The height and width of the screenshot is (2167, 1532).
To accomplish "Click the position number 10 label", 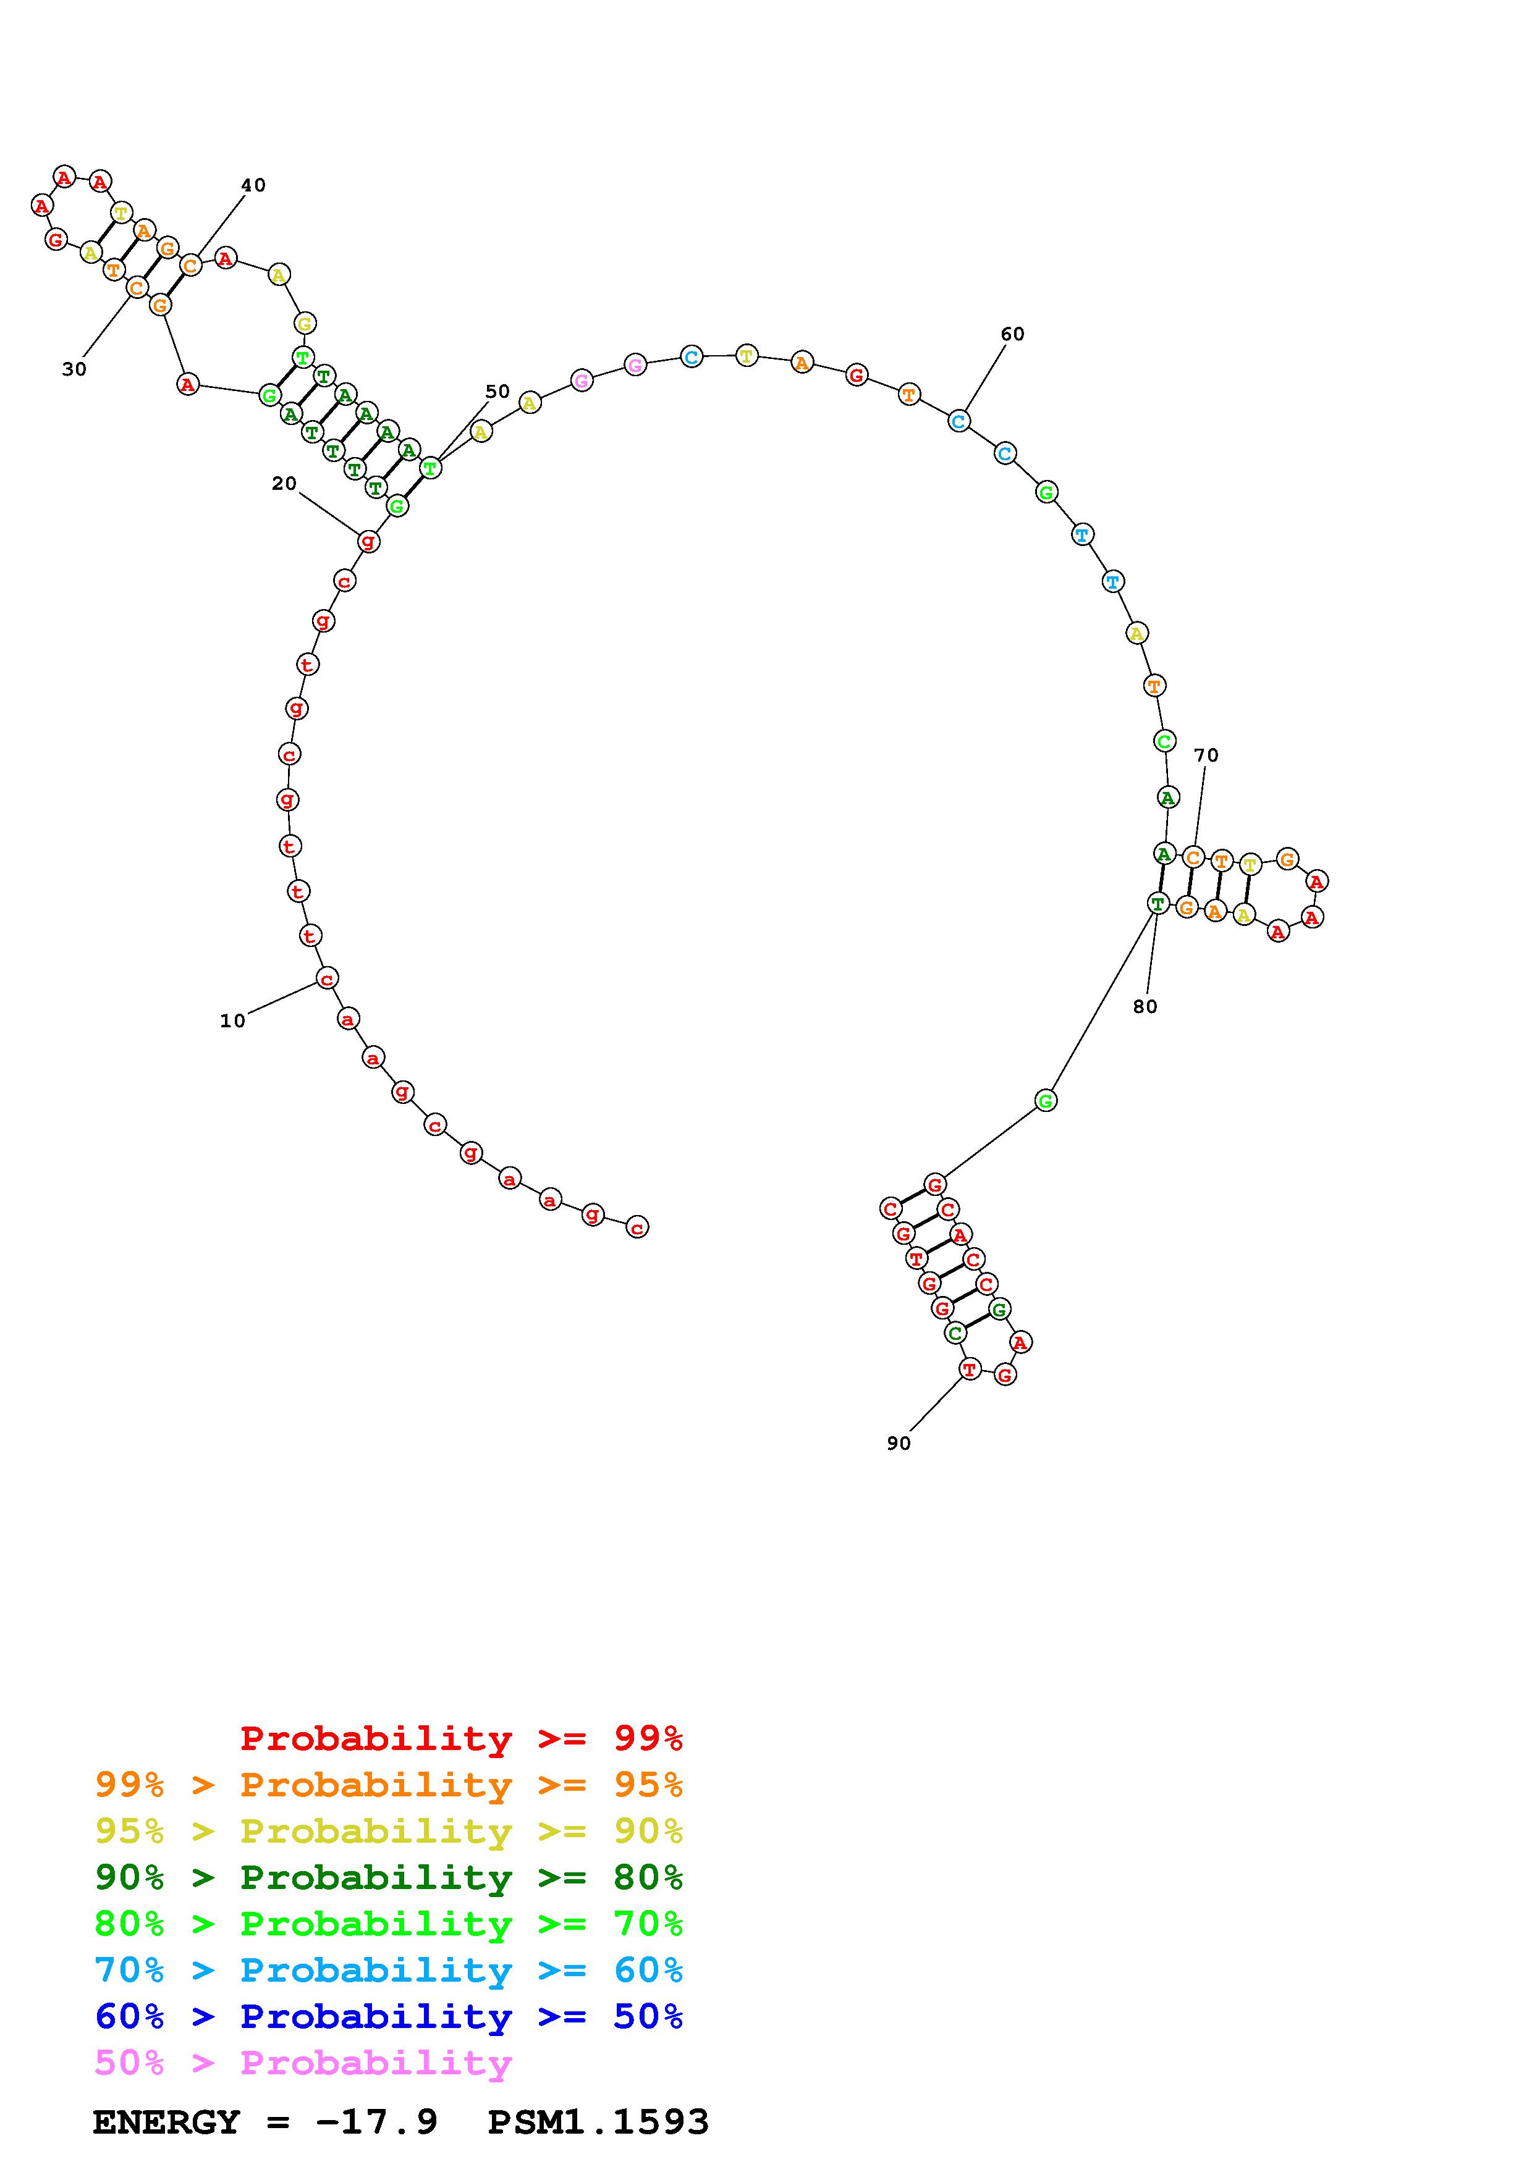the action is [x=232, y=1020].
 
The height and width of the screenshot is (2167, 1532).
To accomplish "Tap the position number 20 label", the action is [x=284, y=483].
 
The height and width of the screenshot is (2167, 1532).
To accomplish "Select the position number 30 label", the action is [x=75, y=369].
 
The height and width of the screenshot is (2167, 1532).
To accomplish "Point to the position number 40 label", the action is [x=253, y=185].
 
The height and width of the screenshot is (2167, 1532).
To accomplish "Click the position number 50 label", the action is [x=497, y=391].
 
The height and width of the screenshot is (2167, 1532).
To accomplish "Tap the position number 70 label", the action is [x=1206, y=755].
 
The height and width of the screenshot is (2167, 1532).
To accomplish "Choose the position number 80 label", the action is [x=1145, y=1006].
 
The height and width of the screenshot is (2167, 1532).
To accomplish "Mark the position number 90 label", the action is [x=899, y=1443].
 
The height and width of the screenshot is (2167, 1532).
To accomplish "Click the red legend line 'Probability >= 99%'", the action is [x=462, y=1738].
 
